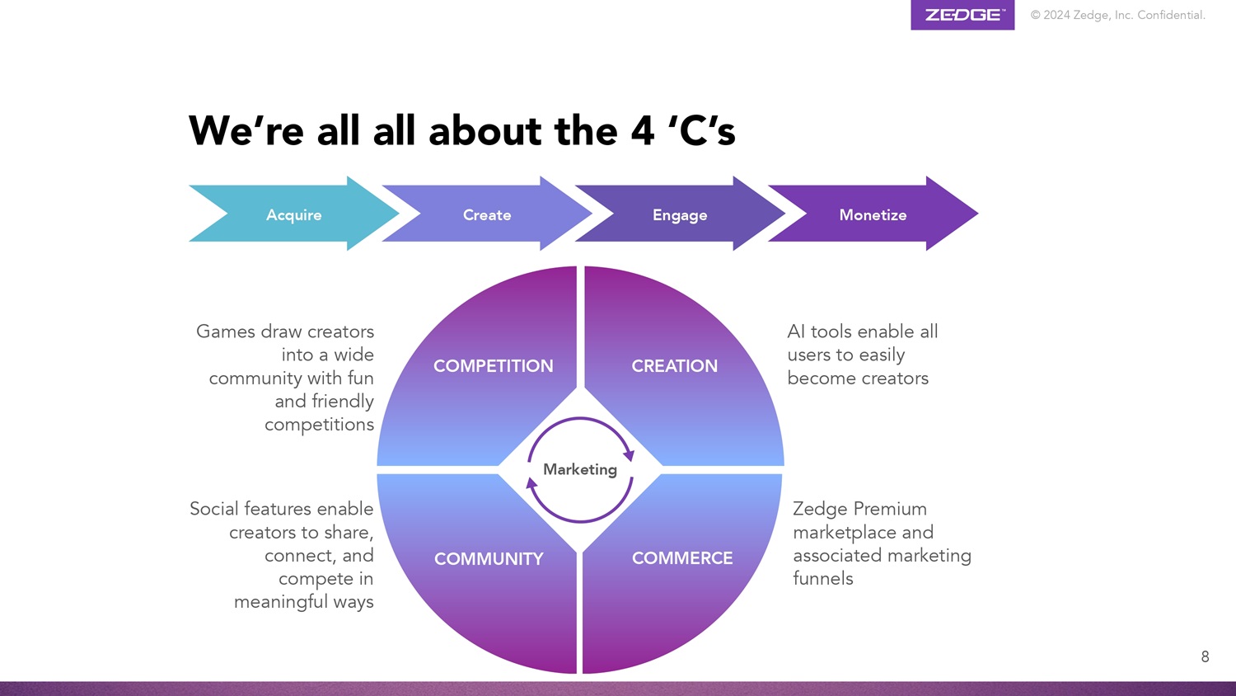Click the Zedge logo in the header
[962, 15]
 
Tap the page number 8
[1205, 657]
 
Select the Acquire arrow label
[294, 215]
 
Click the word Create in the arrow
[487, 215]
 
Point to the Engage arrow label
[680, 215]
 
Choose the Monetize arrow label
[873, 215]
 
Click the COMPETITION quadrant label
[493, 366]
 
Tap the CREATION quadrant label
[674, 366]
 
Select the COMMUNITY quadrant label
[489, 559]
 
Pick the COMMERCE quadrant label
[682, 558]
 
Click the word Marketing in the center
[580, 469]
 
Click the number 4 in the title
[643, 132]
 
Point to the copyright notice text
[1117, 15]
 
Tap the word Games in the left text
[225, 332]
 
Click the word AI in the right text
[796, 332]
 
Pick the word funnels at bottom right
[822, 579]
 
